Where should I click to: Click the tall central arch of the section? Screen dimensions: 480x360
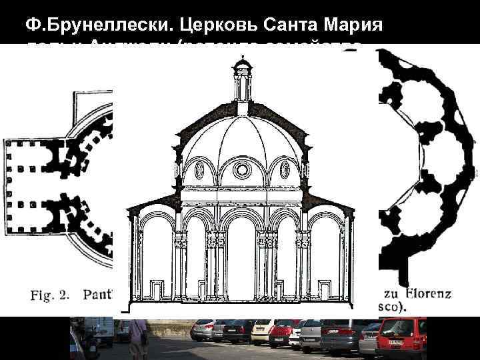(x=241, y=260)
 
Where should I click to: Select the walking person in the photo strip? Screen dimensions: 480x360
(x=139, y=337)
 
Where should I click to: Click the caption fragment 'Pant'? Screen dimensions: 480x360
(x=99, y=294)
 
